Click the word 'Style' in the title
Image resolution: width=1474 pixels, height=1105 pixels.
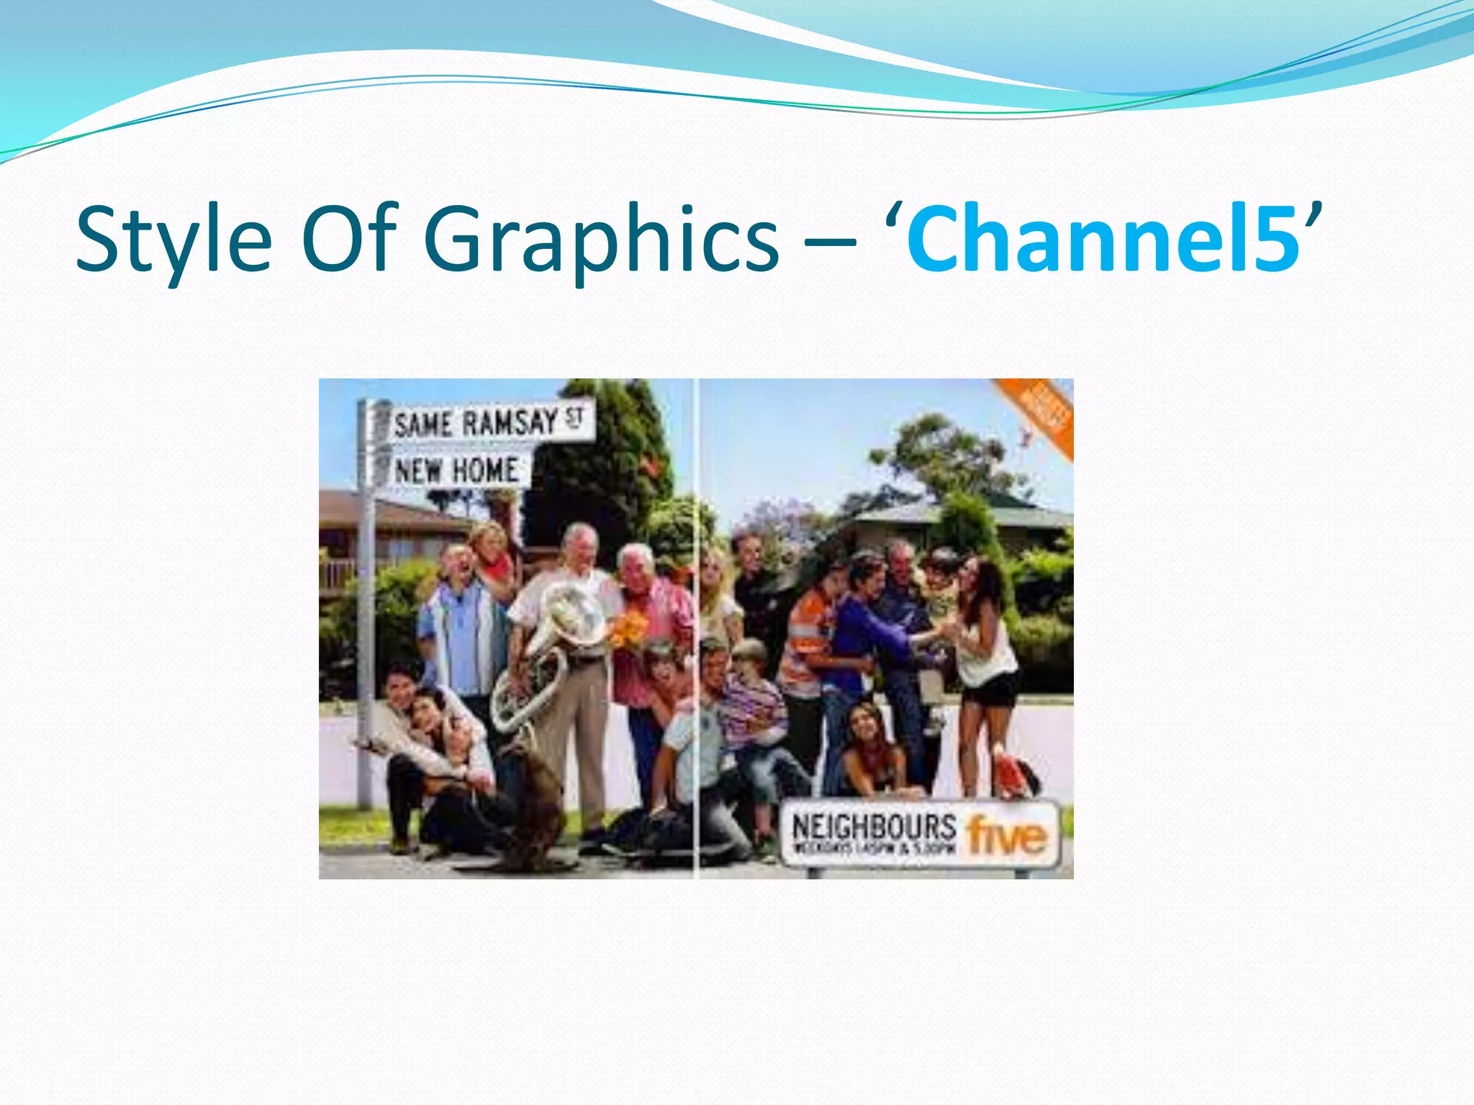tap(173, 240)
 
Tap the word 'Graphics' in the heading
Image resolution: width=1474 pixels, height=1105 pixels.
tap(601, 241)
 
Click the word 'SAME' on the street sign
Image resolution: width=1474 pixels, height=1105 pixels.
tap(422, 424)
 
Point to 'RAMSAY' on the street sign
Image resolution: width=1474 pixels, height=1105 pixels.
tap(509, 422)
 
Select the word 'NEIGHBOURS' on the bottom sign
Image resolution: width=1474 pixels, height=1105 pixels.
tap(874, 827)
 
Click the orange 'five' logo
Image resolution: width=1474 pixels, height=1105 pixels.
tap(1006, 835)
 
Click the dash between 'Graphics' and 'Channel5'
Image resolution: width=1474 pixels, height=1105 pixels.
tap(832, 245)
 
